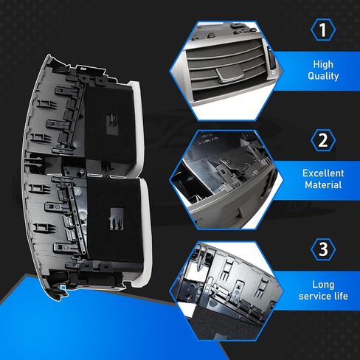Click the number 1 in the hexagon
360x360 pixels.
(x=323, y=30)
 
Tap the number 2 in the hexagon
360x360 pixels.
(x=323, y=140)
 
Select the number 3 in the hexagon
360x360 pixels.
(x=323, y=249)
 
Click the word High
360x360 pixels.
(x=323, y=64)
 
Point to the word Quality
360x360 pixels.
(x=323, y=76)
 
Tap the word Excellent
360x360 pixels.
(x=323, y=173)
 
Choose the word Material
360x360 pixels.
(x=323, y=185)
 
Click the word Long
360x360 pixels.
(x=323, y=285)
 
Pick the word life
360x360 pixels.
(x=341, y=296)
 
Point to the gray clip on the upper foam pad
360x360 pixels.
(x=112, y=125)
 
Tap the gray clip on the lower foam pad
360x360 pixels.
(x=117, y=219)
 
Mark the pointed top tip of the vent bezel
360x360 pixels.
(x=49, y=55)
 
